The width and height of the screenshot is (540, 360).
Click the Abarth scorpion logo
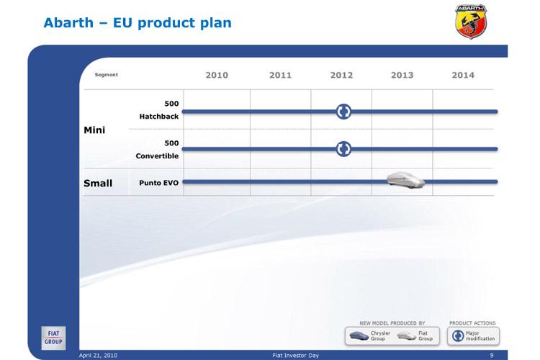(x=471, y=22)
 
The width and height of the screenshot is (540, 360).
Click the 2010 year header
(x=217, y=75)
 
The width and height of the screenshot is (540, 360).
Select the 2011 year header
(x=280, y=75)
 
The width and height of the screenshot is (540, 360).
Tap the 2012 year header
(x=341, y=75)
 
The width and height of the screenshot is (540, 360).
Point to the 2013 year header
(x=402, y=75)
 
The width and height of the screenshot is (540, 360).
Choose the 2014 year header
(x=463, y=75)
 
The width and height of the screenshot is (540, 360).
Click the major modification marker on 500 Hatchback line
(x=343, y=112)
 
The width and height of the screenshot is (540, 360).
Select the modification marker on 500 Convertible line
(x=343, y=149)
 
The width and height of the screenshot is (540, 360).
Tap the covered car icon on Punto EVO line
(x=405, y=180)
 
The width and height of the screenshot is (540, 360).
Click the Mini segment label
(x=94, y=130)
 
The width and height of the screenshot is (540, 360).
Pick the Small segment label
(x=98, y=184)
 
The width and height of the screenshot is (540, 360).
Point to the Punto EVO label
(x=159, y=183)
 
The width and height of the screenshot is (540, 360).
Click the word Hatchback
(x=159, y=117)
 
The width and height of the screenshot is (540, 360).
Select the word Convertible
(x=157, y=156)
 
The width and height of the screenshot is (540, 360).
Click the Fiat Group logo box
(x=53, y=338)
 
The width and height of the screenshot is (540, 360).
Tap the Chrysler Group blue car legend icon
(x=359, y=336)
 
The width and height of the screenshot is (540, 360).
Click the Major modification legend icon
(x=458, y=336)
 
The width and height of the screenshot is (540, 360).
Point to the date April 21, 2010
(x=98, y=356)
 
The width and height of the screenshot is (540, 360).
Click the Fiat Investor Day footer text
(x=295, y=356)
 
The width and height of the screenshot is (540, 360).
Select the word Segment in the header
(x=106, y=75)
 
